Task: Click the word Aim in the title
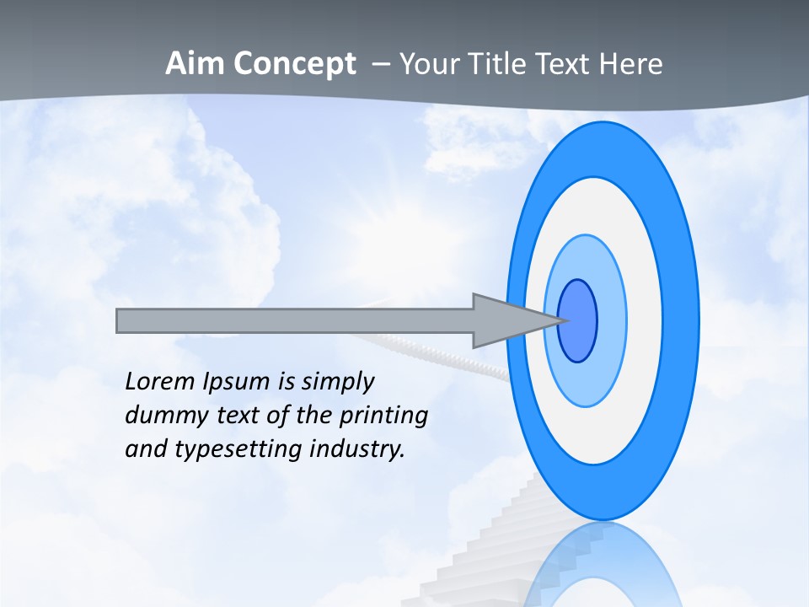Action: pyautogui.click(x=194, y=64)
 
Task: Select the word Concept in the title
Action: pyautogui.click(x=294, y=64)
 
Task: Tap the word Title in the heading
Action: pyautogui.click(x=490, y=64)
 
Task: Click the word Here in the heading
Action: pyautogui.click(x=630, y=64)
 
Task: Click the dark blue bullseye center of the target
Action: pyautogui.click(x=578, y=321)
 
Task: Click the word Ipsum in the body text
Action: pyautogui.click(x=236, y=383)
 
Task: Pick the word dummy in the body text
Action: pyautogui.click(x=159, y=416)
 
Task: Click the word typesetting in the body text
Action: pyautogui.click(x=239, y=449)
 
